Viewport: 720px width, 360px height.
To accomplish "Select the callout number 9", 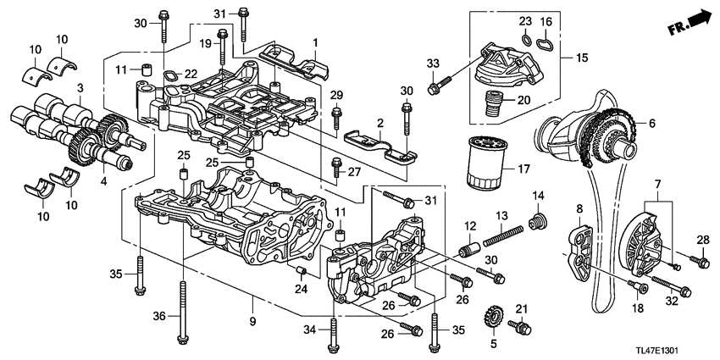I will [x=252, y=298].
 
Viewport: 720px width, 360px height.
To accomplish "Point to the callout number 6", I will [x=651, y=124].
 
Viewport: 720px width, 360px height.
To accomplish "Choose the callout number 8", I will [x=580, y=208].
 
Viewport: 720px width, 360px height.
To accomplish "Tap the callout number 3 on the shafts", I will [x=80, y=87].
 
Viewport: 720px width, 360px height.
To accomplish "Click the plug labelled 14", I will [x=534, y=224].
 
